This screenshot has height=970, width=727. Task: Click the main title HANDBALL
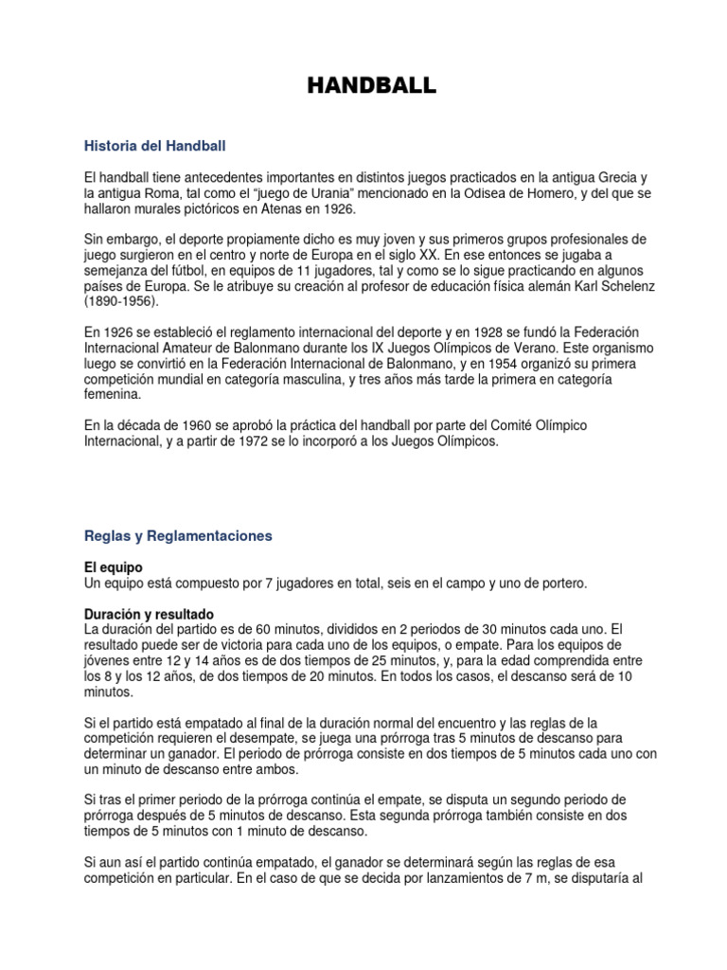click(x=372, y=86)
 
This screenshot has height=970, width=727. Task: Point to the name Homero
click(x=547, y=193)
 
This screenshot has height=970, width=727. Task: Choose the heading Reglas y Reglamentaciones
click(x=178, y=535)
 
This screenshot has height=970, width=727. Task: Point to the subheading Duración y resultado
click(x=150, y=614)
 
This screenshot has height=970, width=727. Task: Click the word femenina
click(x=113, y=394)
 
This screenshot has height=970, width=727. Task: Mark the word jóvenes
click(x=109, y=660)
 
